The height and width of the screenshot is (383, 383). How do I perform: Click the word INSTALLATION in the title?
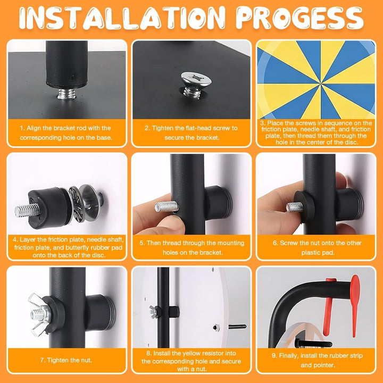pyautogui.click(x=122, y=18)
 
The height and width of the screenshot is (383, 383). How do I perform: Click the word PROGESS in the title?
pyautogui.click(x=299, y=18)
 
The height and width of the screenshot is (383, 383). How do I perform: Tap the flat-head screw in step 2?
pyautogui.click(x=196, y=85)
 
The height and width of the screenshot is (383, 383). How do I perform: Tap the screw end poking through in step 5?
pyautogui.click(x=166, y=206)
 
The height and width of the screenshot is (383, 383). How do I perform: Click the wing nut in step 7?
pyautogui.click(x=39, y=315)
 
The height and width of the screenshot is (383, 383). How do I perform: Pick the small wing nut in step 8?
pyautogui.click(x=153, y=312)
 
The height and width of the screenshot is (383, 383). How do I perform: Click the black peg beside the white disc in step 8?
pyautogui.click(x=237, y=326)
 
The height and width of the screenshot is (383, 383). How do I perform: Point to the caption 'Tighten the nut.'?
pyautogui.click(x=66, y=360)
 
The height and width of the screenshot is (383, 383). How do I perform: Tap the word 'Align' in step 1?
pyautogui.click(x=34, y=128)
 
